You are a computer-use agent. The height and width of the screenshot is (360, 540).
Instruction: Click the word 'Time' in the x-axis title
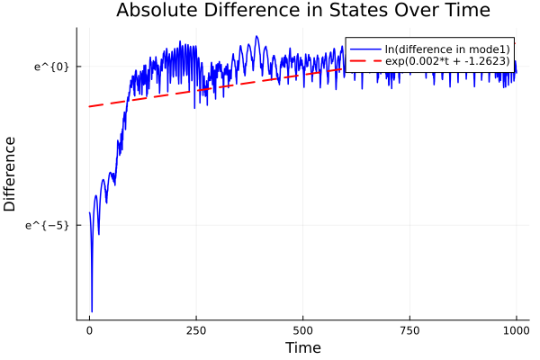(x=302, y=347)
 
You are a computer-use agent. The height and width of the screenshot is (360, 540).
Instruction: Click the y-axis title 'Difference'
(x=10, y=174)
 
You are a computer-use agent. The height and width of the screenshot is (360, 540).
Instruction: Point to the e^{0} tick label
(x=51, y=67)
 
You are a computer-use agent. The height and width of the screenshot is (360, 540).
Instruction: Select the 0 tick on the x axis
(x=89, y=329)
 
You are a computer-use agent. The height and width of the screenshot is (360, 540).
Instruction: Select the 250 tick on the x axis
(x=196, y=329)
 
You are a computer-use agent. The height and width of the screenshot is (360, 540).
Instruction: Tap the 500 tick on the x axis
(x=303, y=329)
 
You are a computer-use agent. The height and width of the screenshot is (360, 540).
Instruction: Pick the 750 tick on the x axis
(x=409, y=329)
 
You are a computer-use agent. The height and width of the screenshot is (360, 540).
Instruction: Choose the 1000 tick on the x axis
(x=517, y=329)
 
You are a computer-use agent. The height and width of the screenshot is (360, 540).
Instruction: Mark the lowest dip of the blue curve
(x=92, y=311)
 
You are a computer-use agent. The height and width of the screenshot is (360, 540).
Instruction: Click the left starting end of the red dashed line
(x=89, y=106)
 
